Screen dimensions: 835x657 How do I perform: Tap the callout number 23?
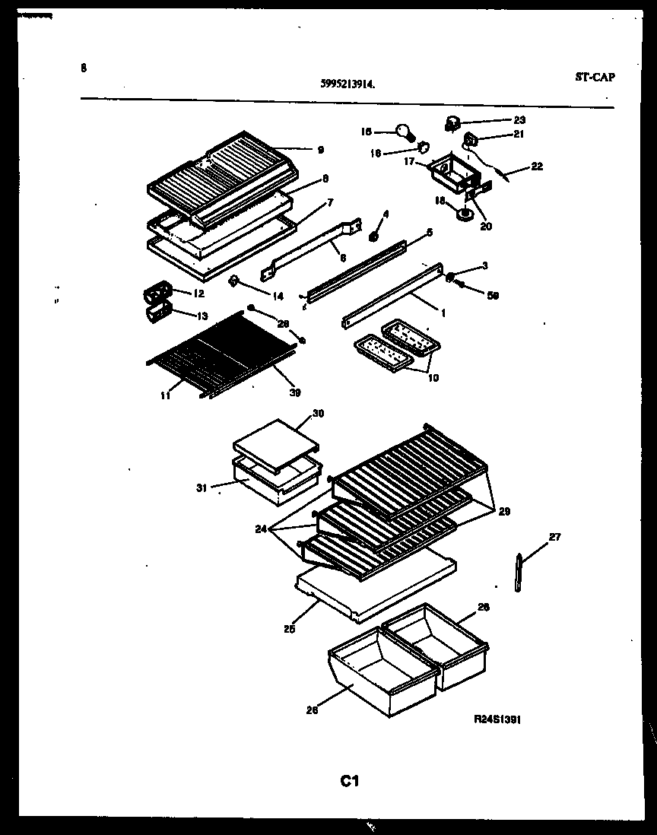(x=519, y=119)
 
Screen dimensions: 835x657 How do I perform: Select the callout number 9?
(x=321, y=150)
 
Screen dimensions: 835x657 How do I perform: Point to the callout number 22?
(x=538, y=167)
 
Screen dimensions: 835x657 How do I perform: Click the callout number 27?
(x=554, y=538)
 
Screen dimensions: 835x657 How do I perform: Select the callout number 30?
(x=318, y=414)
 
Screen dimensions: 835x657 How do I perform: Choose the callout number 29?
(x=504, y=512)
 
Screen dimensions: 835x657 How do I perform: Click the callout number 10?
(x=433, y=378)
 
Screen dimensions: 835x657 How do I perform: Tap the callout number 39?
(x=295, y=392)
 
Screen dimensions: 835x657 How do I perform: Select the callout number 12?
(x=198, y=293)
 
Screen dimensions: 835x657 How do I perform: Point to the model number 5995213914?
(x=347, y=87)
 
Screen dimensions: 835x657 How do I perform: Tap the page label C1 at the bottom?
(x=349, y=780)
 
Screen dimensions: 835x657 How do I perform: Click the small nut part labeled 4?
(x=373, y=237)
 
